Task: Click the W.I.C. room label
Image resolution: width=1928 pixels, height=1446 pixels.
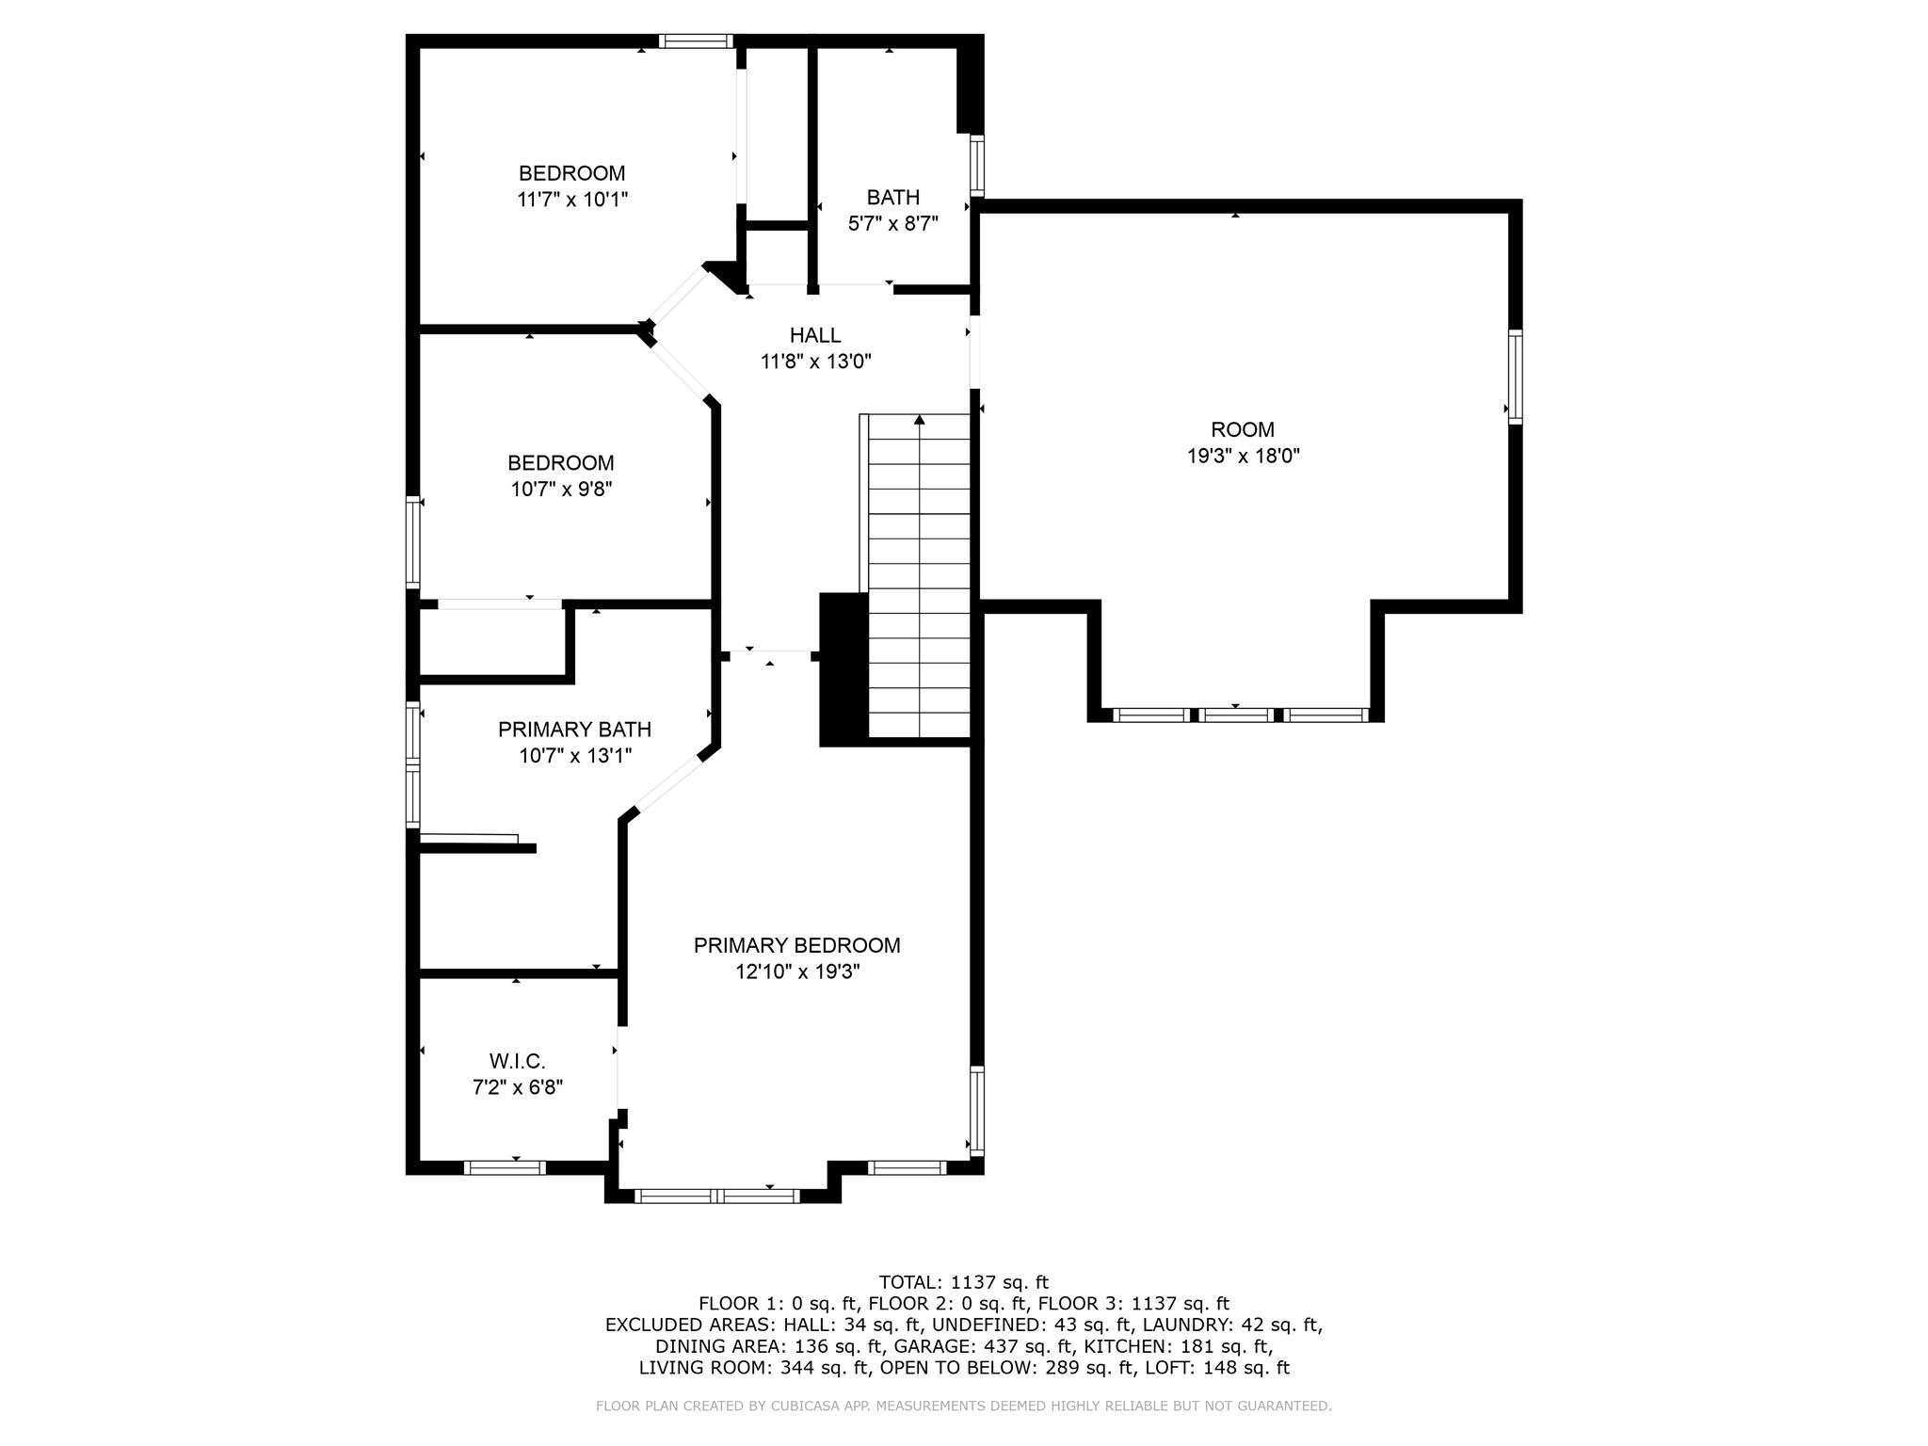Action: click(517, 1062)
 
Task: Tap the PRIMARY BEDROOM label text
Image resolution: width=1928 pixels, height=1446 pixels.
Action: click(796, 945)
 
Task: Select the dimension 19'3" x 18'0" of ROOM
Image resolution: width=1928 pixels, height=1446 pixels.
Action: click(1243, 456)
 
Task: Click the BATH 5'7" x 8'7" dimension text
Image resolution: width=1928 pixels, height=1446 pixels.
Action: click(892, 224)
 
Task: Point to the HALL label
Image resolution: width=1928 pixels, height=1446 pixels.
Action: click(815, 335)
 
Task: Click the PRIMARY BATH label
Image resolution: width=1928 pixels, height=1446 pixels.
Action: click(574, 730)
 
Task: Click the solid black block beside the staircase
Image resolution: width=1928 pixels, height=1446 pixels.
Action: click(843, 669)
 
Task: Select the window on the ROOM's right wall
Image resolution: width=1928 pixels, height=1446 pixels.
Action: click(1514, 377)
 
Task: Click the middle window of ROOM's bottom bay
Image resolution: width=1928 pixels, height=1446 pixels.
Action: click(1236, 715)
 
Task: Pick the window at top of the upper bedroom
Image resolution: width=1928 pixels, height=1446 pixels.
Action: click(696, 40)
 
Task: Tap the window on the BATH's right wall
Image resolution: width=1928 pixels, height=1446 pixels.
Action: click(977, 166)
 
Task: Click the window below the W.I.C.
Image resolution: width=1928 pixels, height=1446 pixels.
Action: click(505, 1167)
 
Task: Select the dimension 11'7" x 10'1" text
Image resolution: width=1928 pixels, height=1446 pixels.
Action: click(571, 200)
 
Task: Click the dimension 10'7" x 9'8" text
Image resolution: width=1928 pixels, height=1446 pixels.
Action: click(561, 490)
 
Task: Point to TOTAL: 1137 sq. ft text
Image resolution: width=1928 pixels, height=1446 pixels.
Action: click(963, 1282)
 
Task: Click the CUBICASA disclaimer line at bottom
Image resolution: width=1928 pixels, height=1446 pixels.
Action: click(963, 1406)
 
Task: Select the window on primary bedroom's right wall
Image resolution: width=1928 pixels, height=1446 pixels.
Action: click(976, 1111)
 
